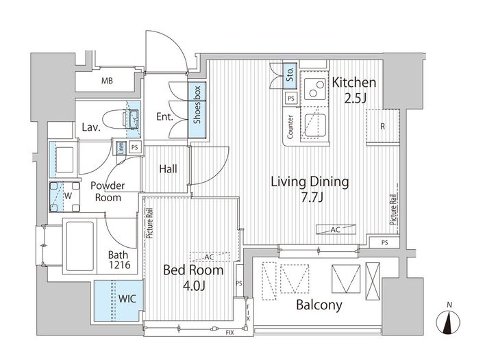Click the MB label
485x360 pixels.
[107, 81]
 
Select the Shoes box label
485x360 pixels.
[197, 105]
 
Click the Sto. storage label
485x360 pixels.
[290, 75]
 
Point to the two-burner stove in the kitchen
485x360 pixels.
[315, 88]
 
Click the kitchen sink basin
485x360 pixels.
[315, 125]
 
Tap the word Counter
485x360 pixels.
[290, 127]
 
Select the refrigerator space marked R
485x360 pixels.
[383, 126]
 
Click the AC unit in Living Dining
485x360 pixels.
[336, 229]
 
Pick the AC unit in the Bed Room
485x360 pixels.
[210, 257]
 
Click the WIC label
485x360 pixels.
[127, 299]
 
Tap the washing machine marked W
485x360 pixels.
[64, 197]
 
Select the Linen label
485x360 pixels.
[121, 148]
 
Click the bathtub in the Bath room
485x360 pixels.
[79, 246]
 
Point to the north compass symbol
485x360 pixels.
[448, 322]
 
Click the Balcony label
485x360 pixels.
[319, 305]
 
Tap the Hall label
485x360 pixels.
[169, 169]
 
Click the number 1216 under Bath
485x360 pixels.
[119, 265]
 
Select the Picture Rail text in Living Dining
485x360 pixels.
[393, 209]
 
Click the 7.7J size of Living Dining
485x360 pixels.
[312, 197]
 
